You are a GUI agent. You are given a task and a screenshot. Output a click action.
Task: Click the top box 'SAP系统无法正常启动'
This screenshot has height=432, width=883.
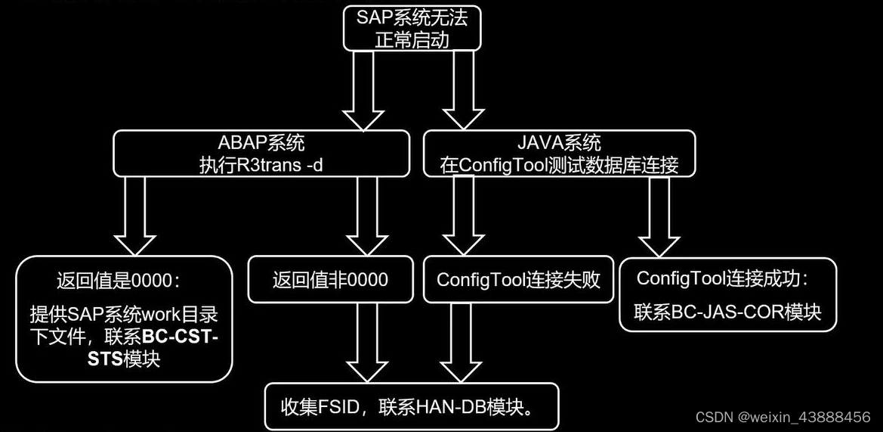[412, 29]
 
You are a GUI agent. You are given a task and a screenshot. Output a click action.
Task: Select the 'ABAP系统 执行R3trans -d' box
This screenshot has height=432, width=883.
[261, 153]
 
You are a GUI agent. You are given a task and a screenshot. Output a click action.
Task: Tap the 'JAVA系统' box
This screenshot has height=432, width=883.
[560, 153]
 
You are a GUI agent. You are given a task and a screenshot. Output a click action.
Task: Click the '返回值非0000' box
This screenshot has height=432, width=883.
[330, 280]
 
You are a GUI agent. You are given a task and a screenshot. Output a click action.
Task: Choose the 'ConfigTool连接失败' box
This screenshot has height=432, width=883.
[518, 280]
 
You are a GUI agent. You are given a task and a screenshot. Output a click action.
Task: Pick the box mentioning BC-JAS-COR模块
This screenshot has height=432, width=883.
[727, 295]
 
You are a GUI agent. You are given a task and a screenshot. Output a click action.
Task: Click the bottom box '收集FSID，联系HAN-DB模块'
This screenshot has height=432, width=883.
[412, 408]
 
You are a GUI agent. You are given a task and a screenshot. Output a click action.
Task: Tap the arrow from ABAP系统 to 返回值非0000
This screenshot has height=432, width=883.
[368, 216]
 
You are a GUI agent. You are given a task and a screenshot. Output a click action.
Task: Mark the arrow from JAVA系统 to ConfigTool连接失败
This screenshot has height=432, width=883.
[463, 216]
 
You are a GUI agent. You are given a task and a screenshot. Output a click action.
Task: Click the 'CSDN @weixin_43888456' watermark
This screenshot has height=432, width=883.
[783, 417]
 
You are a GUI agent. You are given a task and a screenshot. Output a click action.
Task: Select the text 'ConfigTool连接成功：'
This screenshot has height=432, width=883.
[723, 278]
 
